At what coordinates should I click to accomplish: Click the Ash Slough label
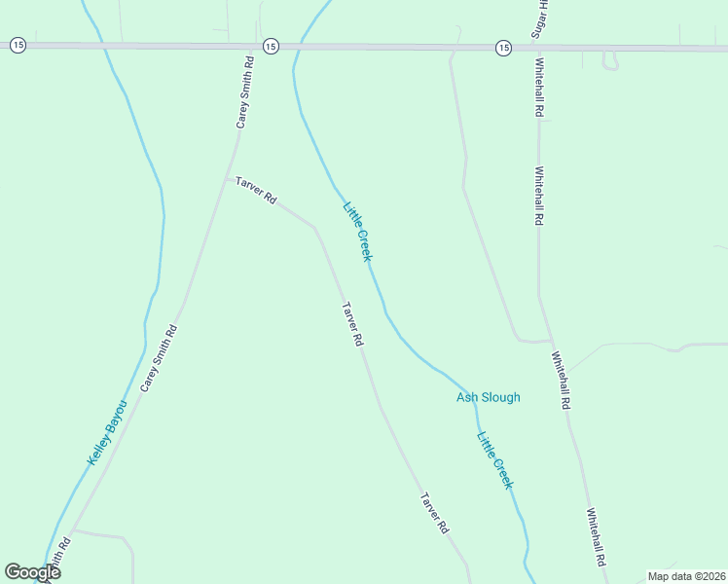[488, 397]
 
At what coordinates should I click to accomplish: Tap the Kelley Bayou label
[108, 431]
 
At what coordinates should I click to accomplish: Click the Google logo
[32, 572]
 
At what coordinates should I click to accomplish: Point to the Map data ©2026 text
[686, 576]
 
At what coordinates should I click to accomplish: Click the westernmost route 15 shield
[17, 46]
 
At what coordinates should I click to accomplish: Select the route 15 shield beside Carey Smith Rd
[271, 46]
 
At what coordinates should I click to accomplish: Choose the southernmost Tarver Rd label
[434, 513]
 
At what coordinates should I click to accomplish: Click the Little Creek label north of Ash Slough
[357, 231]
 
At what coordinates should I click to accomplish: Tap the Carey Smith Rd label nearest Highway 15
[245, 92]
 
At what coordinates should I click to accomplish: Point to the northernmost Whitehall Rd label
[537, 88]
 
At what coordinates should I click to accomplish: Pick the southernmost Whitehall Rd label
[597, 537]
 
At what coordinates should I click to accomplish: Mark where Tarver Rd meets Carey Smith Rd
[229, 178]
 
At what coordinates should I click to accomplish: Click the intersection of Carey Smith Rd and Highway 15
[251, 46]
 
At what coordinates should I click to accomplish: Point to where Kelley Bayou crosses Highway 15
[100, 46]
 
